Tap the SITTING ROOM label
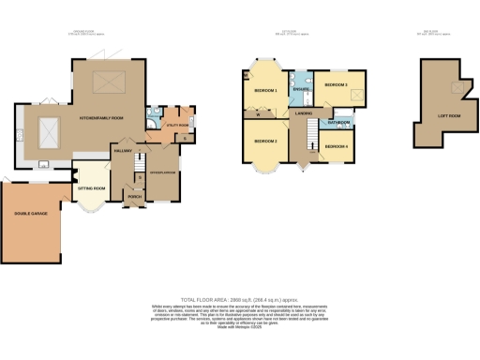point(92,188)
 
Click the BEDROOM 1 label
point(266,90)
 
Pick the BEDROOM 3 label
point(336,85)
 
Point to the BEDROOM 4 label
point(336,147)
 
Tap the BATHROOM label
point(338,123)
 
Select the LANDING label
point(304,113)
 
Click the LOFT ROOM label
point(448,117)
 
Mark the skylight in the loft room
point(457,87)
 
